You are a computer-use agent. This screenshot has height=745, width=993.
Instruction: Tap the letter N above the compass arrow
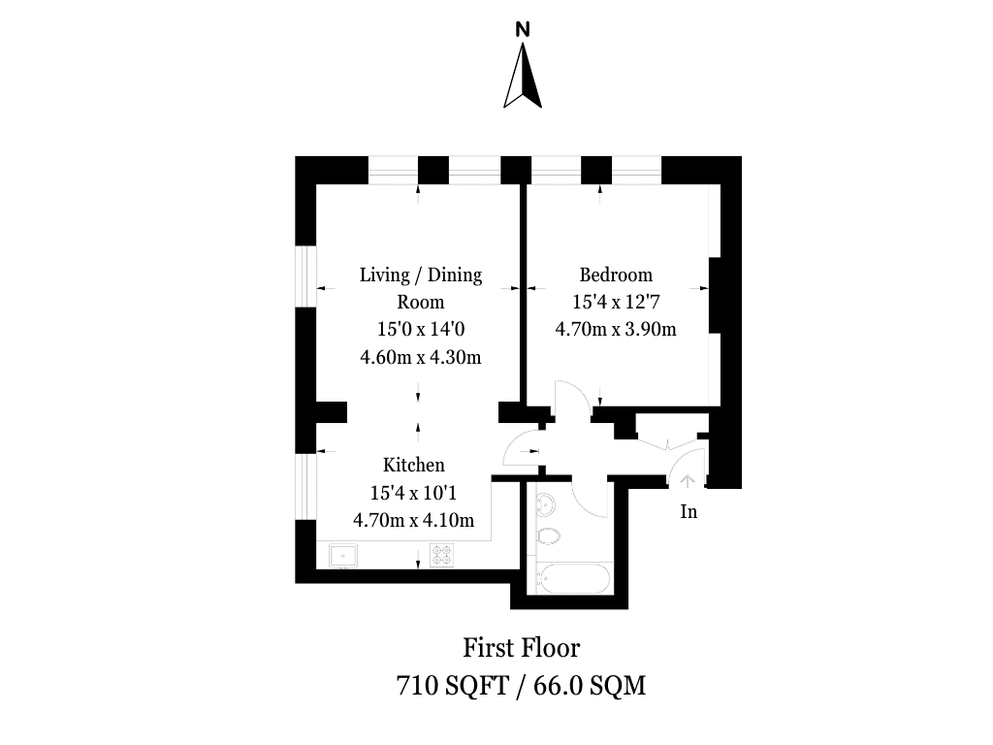pyautogui.click(x=523, y=29)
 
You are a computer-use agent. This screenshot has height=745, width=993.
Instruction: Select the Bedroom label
pyautogui.click(x=616, y=275)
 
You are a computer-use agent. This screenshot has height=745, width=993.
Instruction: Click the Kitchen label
pyautogui.click(x=413, y=465)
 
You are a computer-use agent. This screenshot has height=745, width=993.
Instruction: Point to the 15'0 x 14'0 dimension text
pyautogui.click(x=421, y=330)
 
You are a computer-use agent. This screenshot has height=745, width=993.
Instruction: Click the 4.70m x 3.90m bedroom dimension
pyautogui.click(x=616, y=330)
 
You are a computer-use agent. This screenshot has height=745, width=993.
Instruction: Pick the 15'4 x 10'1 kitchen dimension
pyautogui.click(x=413, y=492)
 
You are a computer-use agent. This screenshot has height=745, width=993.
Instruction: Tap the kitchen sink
pyautogui.click(x=343, y=556)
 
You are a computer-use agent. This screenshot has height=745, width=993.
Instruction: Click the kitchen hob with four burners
pyautogui.click(x=442, y=555)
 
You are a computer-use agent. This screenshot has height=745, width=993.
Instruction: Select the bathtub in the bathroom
pyautogui.click(x=573, y=578)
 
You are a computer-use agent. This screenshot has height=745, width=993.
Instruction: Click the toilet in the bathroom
pyautogui.click(x=547, y=536)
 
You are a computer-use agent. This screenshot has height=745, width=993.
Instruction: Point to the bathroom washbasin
pyautogui.click(x=546, y=505)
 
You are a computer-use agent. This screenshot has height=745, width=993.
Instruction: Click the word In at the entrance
pyautogui.click(x=689, y=511)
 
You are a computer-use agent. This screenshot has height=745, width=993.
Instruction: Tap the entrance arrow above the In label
pyautogui.click(x=688, y=481)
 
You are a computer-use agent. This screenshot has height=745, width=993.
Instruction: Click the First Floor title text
pyautogui.click(x=521, y=647)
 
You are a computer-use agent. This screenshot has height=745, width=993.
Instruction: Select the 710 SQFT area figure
pyautogui.click(x=453, y=685)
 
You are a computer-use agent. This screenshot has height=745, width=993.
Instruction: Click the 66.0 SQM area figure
pyautogui.click(x=590, y=685)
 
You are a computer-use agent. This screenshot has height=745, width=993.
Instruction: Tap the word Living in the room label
pyautogui.click(x=384, y=275)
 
